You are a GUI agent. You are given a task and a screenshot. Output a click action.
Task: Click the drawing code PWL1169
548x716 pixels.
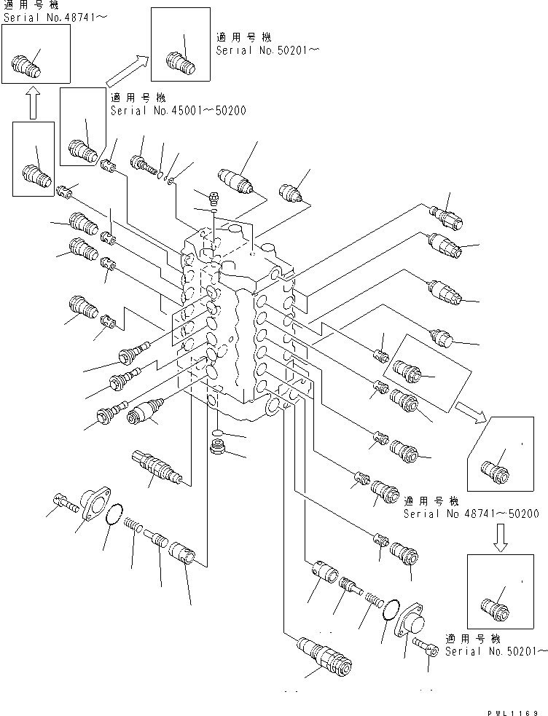pos(514,710)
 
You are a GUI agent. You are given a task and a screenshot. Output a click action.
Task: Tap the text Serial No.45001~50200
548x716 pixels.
pos(178,111)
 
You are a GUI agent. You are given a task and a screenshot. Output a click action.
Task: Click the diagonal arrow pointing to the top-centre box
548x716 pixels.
pos(126,72)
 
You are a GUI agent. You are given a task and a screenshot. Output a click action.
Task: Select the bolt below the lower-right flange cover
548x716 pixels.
pos(422,645)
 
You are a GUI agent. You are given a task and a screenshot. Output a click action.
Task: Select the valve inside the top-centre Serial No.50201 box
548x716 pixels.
pos(179,62)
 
